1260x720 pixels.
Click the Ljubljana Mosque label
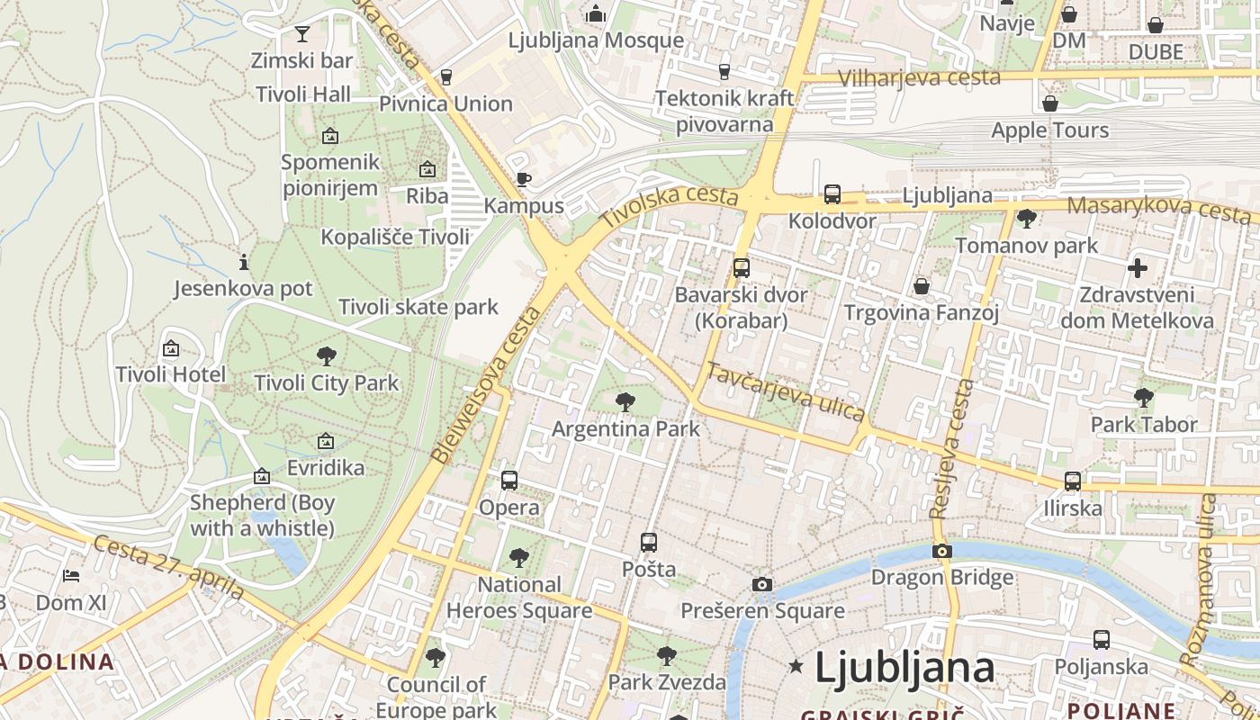[596, 40]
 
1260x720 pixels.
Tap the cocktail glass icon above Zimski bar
[301, 34]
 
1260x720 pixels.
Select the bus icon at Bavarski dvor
[741, 267]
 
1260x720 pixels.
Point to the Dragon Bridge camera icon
[942, 551]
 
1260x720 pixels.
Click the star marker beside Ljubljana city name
[796, 667]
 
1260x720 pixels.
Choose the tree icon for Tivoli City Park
[326, 355]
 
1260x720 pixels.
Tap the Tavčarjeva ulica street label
[785, 391]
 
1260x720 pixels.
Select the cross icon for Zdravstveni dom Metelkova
[1138, 267]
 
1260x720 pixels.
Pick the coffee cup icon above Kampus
[523, 179]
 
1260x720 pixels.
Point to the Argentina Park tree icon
[625, 402]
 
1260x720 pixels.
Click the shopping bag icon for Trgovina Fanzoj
[921, 286]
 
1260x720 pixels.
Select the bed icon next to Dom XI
[71, 576]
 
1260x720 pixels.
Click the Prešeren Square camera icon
[761, 585]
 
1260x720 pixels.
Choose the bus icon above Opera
[509, 481]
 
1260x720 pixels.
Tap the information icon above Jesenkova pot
[243, 263]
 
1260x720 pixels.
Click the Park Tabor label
[1144, 424]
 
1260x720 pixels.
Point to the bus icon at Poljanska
[1101, 640]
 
